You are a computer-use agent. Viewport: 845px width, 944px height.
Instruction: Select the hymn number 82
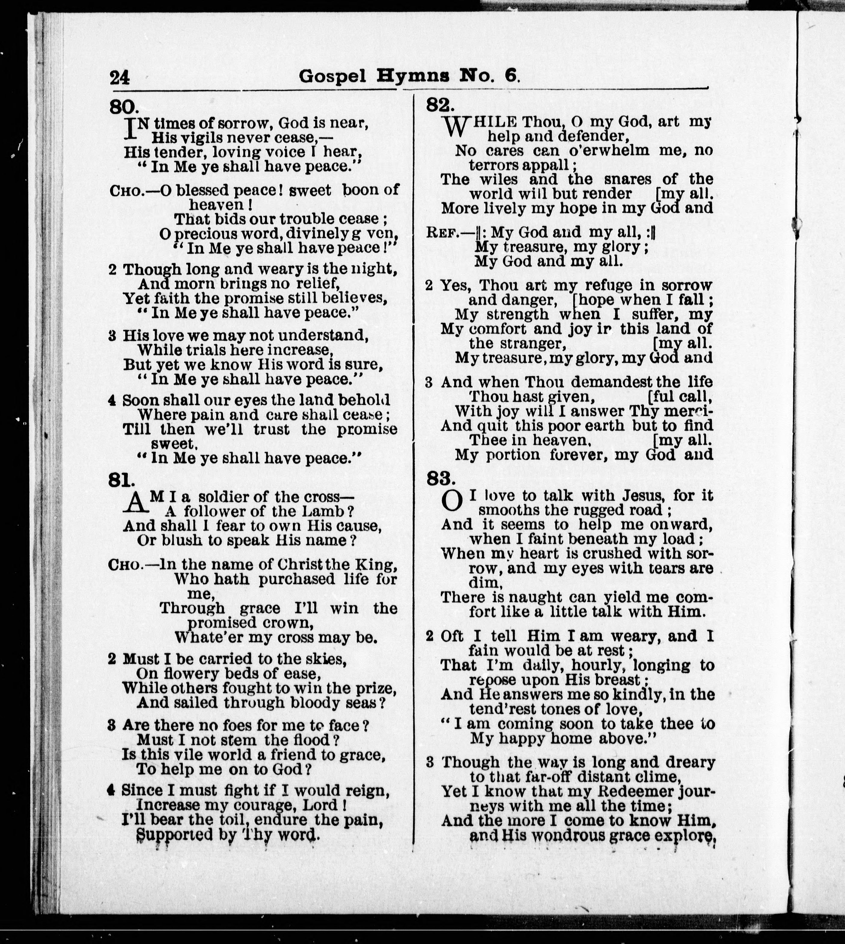pyautogui.click(x=440, y=105)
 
